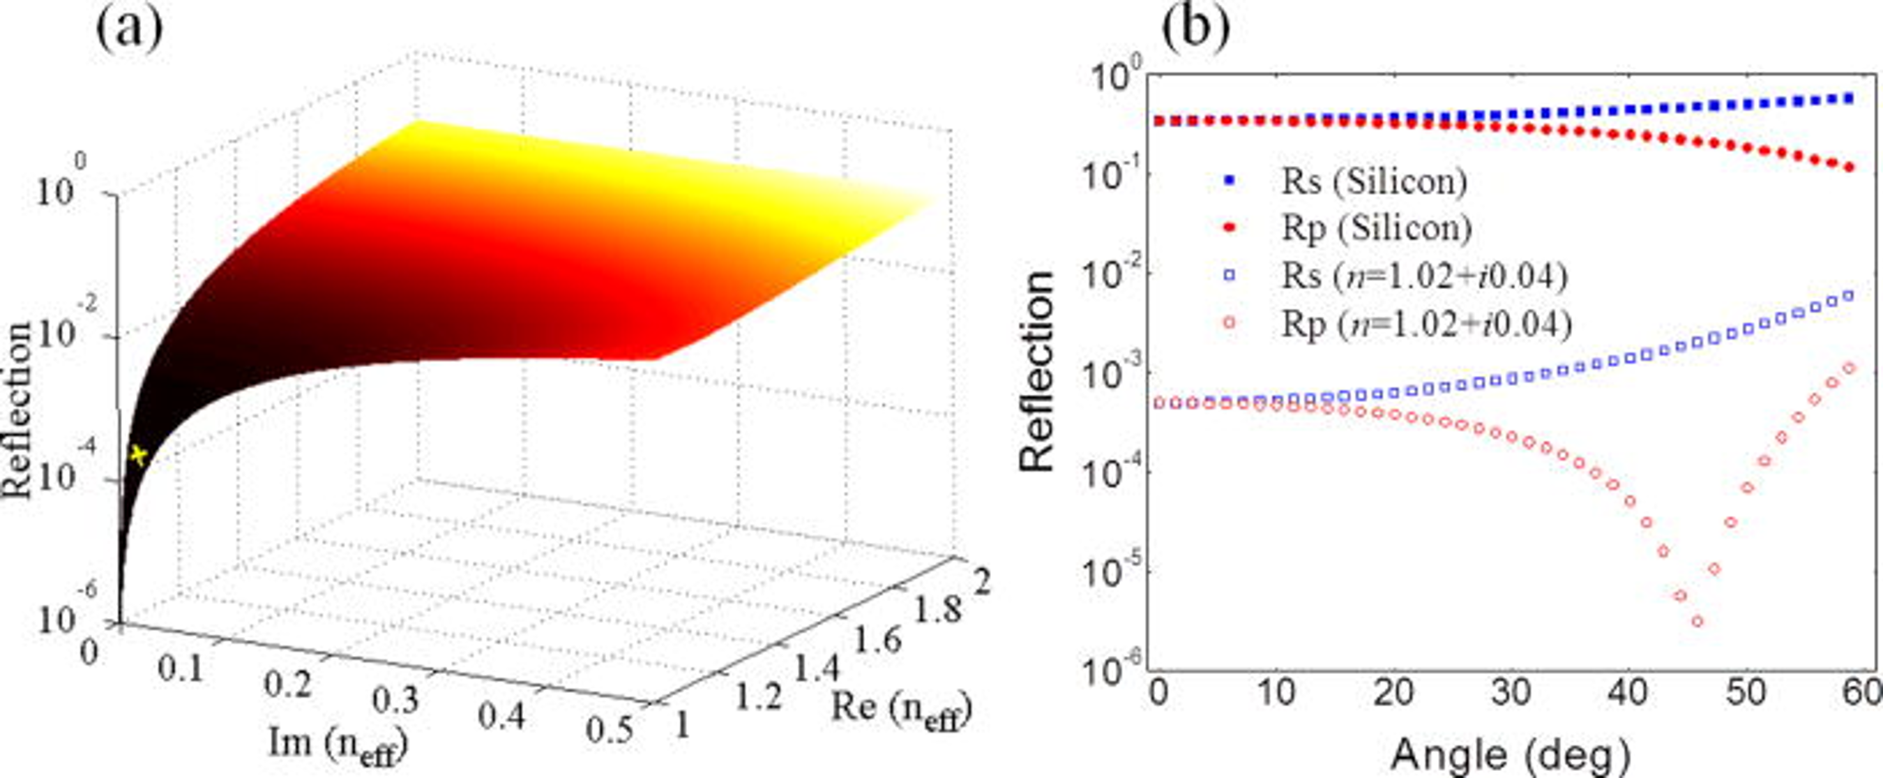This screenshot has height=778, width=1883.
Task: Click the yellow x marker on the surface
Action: pyautogui.click(x=137, y=456)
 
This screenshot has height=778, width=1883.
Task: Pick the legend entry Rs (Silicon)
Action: pyautogui.click(x=1373, y=181)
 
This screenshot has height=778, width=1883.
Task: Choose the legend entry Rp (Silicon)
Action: pyautogui.click(x=1376, y=228)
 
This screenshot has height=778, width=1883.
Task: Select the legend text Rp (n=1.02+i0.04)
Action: pyautogui.click(x=1426, y=324)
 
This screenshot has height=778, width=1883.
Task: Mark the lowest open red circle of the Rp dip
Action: pyautogui.click(x=1697, y=622)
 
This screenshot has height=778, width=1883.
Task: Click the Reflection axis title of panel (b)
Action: pyautogui.click(x=1037, y=371)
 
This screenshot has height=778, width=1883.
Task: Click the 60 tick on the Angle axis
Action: pyautogui.click(x=1865, y=694)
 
